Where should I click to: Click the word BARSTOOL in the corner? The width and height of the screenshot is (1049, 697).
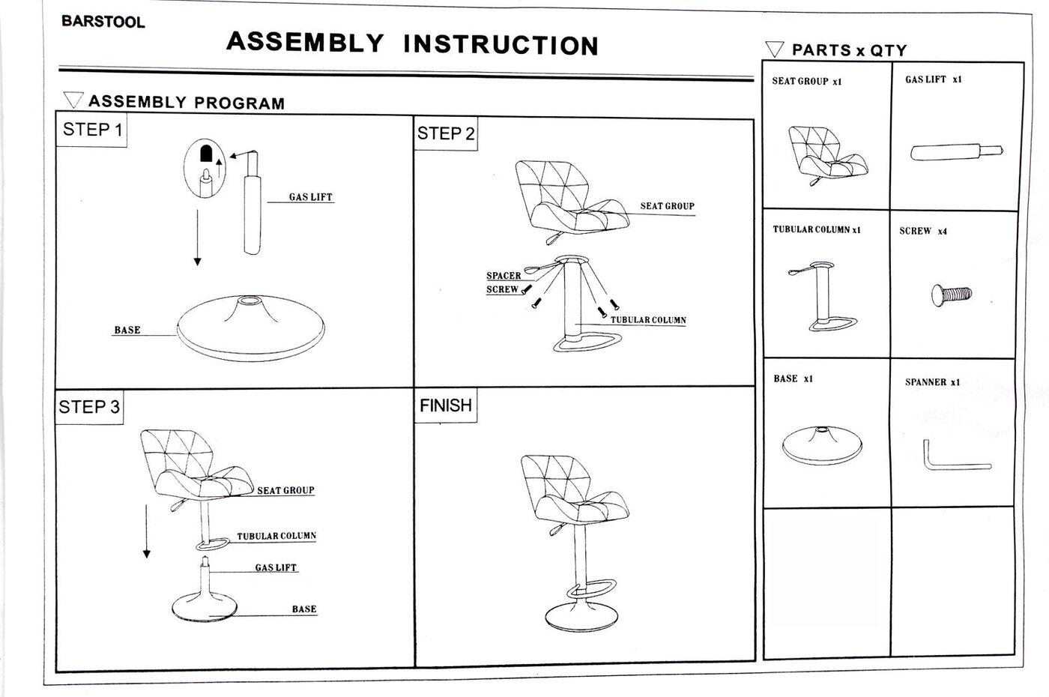tap(103, 22)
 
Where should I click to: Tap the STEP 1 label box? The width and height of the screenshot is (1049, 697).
tap(92, 130)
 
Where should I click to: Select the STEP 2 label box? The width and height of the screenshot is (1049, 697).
tap(446, 134)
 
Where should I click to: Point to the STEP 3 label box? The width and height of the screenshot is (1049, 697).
tap(89, 407)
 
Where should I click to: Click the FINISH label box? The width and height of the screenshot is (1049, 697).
tap(446, 405)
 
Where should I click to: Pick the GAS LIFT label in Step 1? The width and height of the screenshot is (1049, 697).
tap(310, 197)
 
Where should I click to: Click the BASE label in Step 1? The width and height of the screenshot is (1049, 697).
tap(127, 330)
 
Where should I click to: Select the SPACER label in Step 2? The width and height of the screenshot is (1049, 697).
tap(504, 275)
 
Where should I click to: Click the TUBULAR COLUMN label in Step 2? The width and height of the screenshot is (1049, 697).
tap(648, 320)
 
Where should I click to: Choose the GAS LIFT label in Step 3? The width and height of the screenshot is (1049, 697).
tap(276, 567)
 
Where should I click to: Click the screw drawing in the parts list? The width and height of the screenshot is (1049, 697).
tap(951, 293)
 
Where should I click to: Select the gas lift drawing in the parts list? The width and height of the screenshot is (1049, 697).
tap(955, 152)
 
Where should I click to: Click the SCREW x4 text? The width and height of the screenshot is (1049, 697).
tap(923, 231)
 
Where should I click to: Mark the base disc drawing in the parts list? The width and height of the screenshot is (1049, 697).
tap(822, 445)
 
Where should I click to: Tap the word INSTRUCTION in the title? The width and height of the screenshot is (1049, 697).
tap(501, 45)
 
